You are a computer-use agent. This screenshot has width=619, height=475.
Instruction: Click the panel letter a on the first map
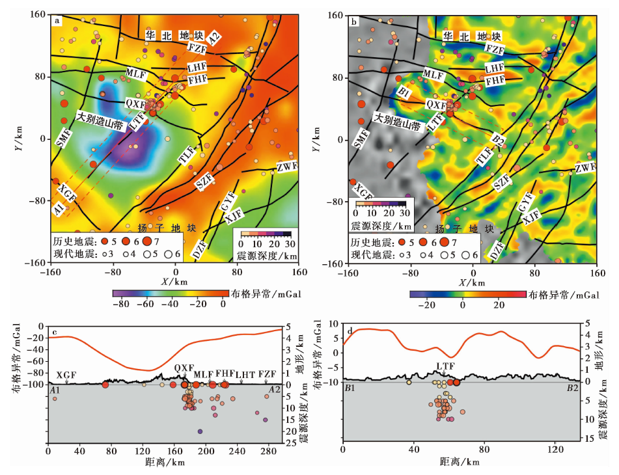tap(57, 21)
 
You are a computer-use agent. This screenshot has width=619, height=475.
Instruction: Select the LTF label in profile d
tap(445, 366)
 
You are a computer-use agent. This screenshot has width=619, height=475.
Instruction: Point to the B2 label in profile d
tap(572, 388)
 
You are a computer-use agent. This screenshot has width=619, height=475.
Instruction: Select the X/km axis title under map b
tap(472, 283)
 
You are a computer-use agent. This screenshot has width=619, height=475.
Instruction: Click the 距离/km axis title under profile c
tap(167, 462)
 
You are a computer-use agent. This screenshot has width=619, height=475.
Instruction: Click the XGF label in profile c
tap(66, 375)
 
